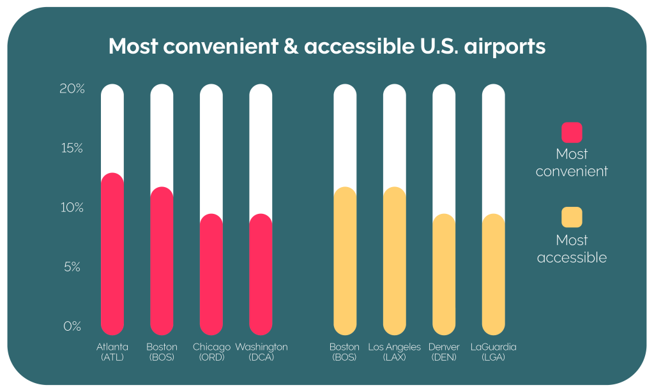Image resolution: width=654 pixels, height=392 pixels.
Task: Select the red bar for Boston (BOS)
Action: tap(162, 261)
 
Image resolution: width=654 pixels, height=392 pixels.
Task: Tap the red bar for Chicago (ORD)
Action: tap(211, 275)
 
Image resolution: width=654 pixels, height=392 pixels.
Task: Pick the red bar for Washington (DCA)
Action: tap(261, 275)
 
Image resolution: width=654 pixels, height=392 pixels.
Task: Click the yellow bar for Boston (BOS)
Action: tap(345, 261)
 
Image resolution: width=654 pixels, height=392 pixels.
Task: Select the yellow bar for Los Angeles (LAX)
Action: tap(395, 261)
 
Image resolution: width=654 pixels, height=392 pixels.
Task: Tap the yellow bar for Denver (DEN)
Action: tap(444, 275)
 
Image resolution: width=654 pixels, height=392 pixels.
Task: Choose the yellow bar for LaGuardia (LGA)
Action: tap(493, 275)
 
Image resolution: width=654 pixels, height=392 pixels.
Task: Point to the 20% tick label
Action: tap(72, 89)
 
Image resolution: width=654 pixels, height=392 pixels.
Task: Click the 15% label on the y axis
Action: tap(72, 148)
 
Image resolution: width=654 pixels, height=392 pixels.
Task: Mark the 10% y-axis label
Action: tap(72, 207)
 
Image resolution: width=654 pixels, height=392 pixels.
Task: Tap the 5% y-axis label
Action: tap(72, 267)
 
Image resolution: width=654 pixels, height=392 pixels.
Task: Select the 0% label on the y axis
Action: tap(72, 326)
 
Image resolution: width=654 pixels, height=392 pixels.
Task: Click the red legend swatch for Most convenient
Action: tap(572, 132)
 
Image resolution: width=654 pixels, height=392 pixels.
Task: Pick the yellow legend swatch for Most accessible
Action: tap(572, 217)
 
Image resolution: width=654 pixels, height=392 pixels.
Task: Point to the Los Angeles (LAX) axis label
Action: tap(395, 352)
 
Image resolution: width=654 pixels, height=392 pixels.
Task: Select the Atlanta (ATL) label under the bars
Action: tap(112, 352)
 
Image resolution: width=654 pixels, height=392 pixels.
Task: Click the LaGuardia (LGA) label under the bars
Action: tap(493, 352)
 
